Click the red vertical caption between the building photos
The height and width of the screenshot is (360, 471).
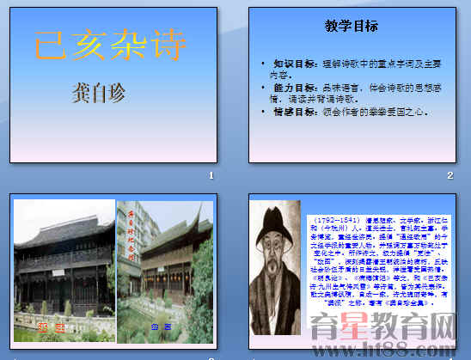(132, 237)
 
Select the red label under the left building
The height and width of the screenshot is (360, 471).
(46, 326)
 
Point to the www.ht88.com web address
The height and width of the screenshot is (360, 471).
(403, 348)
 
